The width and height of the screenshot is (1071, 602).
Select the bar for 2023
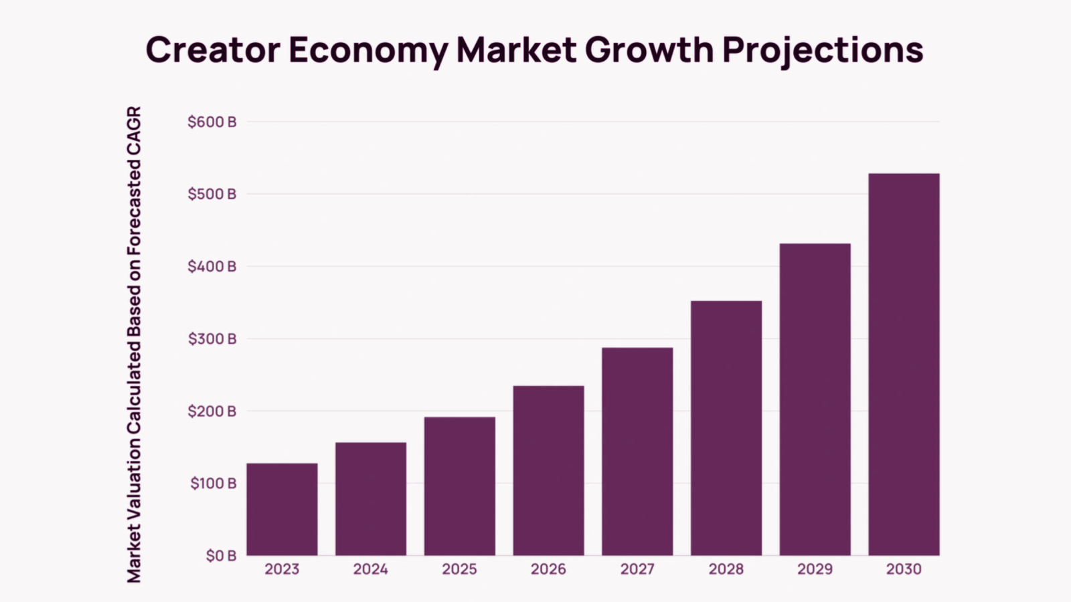282,509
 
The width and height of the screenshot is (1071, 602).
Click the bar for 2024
371,498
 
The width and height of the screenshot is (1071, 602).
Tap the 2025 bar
460,486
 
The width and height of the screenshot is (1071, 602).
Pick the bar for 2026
548,470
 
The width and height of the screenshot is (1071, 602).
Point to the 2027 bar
637,451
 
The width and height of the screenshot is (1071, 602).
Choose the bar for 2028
726,428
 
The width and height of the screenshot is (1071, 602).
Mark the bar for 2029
815,399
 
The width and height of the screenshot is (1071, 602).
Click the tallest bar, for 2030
904,365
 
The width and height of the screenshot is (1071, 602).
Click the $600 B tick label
212,122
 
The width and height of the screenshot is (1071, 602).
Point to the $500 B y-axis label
212,195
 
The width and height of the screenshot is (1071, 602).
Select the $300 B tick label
212,339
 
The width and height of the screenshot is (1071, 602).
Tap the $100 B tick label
213,484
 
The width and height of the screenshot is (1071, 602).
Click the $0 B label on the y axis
221,556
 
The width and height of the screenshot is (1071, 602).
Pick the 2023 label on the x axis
282,569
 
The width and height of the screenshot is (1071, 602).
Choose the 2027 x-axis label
637,569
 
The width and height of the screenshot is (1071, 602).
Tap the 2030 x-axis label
904,569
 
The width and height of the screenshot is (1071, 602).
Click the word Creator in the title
212,50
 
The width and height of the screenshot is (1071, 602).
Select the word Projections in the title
823,50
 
